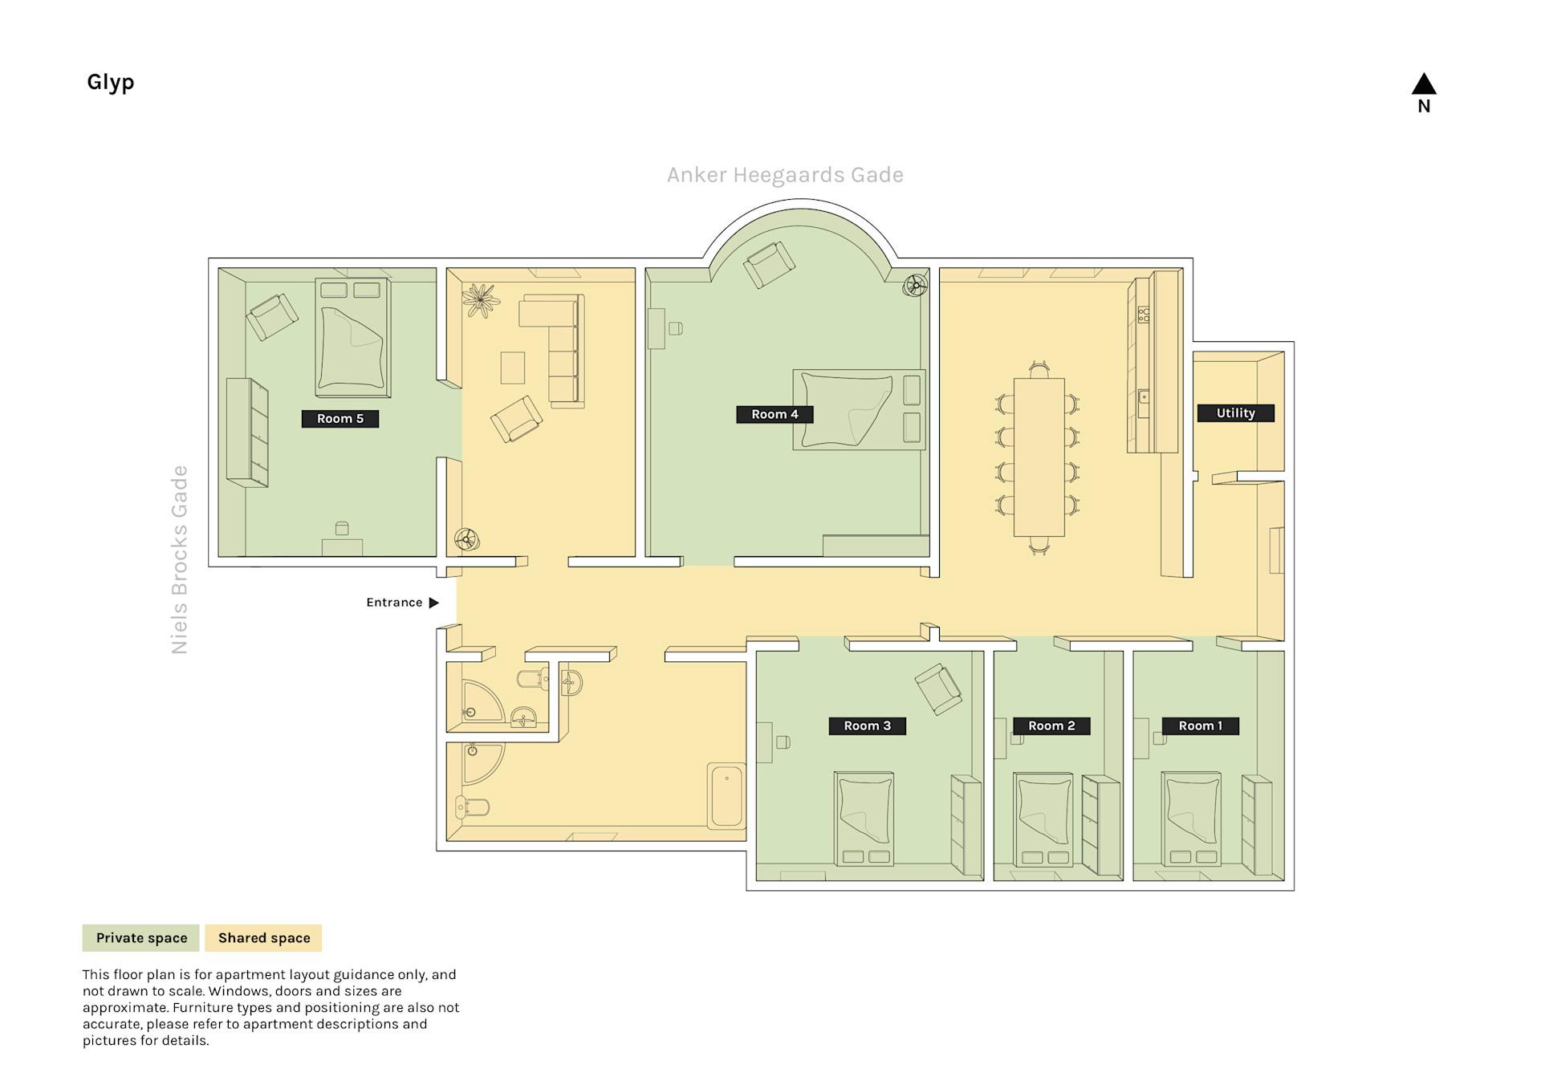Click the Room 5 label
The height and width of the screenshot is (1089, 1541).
[340, 418]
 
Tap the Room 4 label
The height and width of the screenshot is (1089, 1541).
[775, 414]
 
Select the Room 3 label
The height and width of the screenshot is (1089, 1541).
[867, 725]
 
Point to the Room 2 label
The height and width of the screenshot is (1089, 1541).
[1051, 725]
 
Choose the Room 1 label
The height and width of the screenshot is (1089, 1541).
[1201, 725]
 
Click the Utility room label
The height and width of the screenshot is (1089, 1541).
[1235, 413]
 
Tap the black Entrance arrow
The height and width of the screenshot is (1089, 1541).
[434, 603]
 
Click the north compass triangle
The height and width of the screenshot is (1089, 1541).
[1424, 83]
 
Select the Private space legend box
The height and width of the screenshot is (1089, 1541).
[141, 937]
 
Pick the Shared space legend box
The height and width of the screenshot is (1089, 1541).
[264, 937]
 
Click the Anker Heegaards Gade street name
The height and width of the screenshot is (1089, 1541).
[785, 175]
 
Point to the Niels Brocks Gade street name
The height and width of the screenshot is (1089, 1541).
[179, 560]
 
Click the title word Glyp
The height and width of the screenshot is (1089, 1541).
[111, 83]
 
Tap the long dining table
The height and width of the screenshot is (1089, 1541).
[1039, 457]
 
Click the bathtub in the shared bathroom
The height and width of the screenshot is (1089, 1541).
[726, 796]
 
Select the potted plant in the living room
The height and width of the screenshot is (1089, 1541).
[480, 300]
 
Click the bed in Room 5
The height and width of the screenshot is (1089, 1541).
[353, 337]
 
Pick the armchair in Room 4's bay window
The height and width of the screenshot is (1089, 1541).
[769, 265]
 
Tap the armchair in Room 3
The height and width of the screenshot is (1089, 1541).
[938, 689]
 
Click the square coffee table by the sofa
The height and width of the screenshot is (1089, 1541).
[513, 368]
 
